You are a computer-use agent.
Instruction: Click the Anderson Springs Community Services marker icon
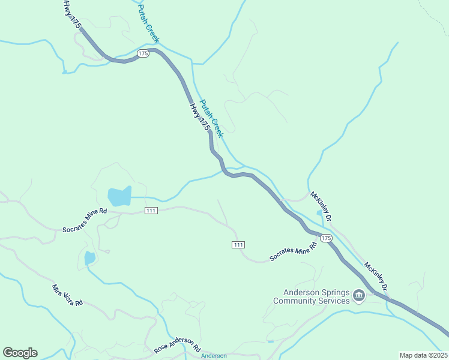(359, 296)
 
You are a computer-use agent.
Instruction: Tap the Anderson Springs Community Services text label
(311, 296)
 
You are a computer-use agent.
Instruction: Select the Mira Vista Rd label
(67, 295)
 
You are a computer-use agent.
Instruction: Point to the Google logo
(20, 353)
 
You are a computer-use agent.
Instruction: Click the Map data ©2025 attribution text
(423, 355)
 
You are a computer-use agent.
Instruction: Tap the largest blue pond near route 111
(119, 196)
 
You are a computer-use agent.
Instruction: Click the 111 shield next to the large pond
(151, 210)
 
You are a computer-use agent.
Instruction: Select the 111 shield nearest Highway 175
(238, 244)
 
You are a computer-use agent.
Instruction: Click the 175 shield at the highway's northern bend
(143, 53)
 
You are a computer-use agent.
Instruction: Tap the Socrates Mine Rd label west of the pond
(85, 220)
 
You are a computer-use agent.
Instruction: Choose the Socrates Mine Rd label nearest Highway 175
(293, 251)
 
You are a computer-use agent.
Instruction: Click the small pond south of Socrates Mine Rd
(90, 258)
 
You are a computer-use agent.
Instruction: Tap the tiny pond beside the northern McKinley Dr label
(319, 212)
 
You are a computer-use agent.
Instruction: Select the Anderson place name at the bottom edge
(214, 356)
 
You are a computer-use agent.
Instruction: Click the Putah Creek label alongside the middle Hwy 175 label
(211, 118)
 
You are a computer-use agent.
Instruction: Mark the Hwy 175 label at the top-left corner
(71, 14)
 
